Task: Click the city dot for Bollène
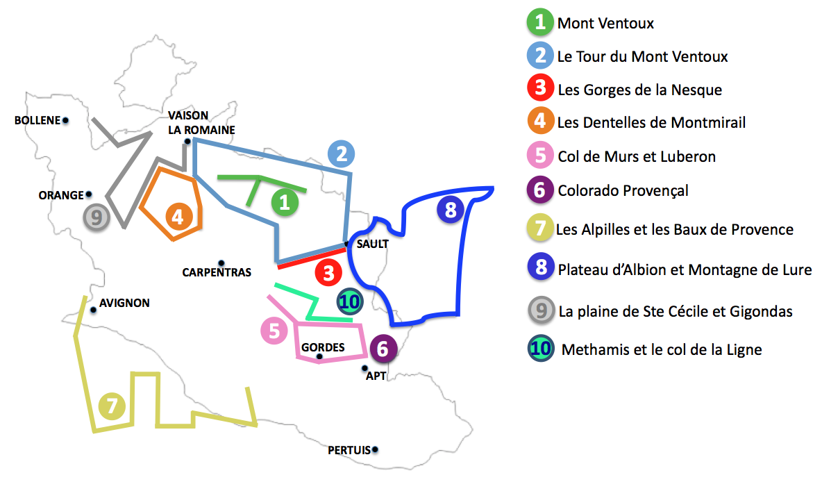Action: point(65,120)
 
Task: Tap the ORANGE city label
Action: point(61,195)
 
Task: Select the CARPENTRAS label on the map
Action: point(217,273)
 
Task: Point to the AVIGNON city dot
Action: point(93,310)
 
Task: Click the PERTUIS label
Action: point(349,450)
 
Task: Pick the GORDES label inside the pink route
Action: point(323,347)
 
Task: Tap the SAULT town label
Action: point(373,244)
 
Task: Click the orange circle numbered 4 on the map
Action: point(178,217)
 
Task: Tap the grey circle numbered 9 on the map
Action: point(97,217)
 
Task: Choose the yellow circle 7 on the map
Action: point(112,406)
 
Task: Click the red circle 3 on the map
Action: point(328,272)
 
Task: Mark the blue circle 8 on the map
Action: point(450,210)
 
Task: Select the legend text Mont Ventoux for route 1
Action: point(605,24)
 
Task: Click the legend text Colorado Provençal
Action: point(623,190)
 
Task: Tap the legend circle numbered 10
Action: point(540,349)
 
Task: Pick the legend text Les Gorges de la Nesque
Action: point(639,90)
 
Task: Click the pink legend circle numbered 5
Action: point(540,156)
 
